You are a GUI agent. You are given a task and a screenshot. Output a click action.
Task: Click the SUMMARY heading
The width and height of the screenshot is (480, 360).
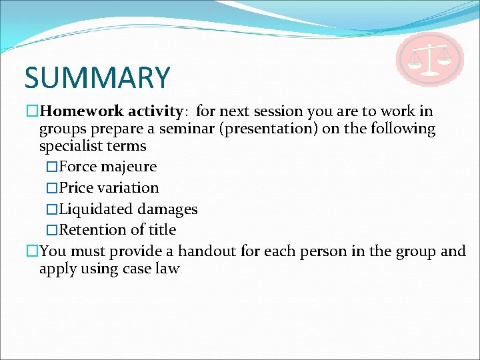point(97,77)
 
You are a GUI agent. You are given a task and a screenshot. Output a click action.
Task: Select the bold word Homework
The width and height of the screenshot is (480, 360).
point(83,111)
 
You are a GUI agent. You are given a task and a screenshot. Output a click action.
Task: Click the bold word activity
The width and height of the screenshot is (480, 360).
point(155,111)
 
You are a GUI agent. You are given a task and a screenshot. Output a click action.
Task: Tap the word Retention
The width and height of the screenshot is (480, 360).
point(93,230)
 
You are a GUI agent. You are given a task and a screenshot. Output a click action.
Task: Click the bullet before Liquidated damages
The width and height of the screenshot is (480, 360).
point(53,209)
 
